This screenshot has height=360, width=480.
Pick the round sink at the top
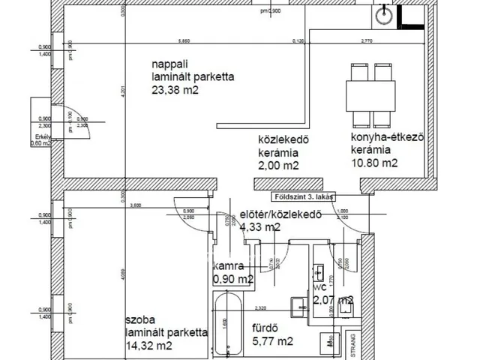383,12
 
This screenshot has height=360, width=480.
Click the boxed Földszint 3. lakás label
304,199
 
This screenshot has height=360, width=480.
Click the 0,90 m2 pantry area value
233,280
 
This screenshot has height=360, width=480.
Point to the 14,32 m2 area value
150,346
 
